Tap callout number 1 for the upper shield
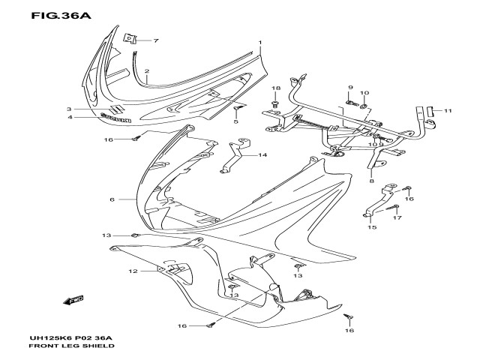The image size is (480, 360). [x=260, y=43]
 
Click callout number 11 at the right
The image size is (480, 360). [x=447, y=111]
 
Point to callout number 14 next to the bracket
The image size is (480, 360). [x=263, y=155]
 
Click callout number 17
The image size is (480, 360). [x=397, y=218]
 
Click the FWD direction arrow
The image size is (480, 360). [x=73, y=301]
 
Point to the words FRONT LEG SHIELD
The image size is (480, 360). [x=71, y=347]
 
